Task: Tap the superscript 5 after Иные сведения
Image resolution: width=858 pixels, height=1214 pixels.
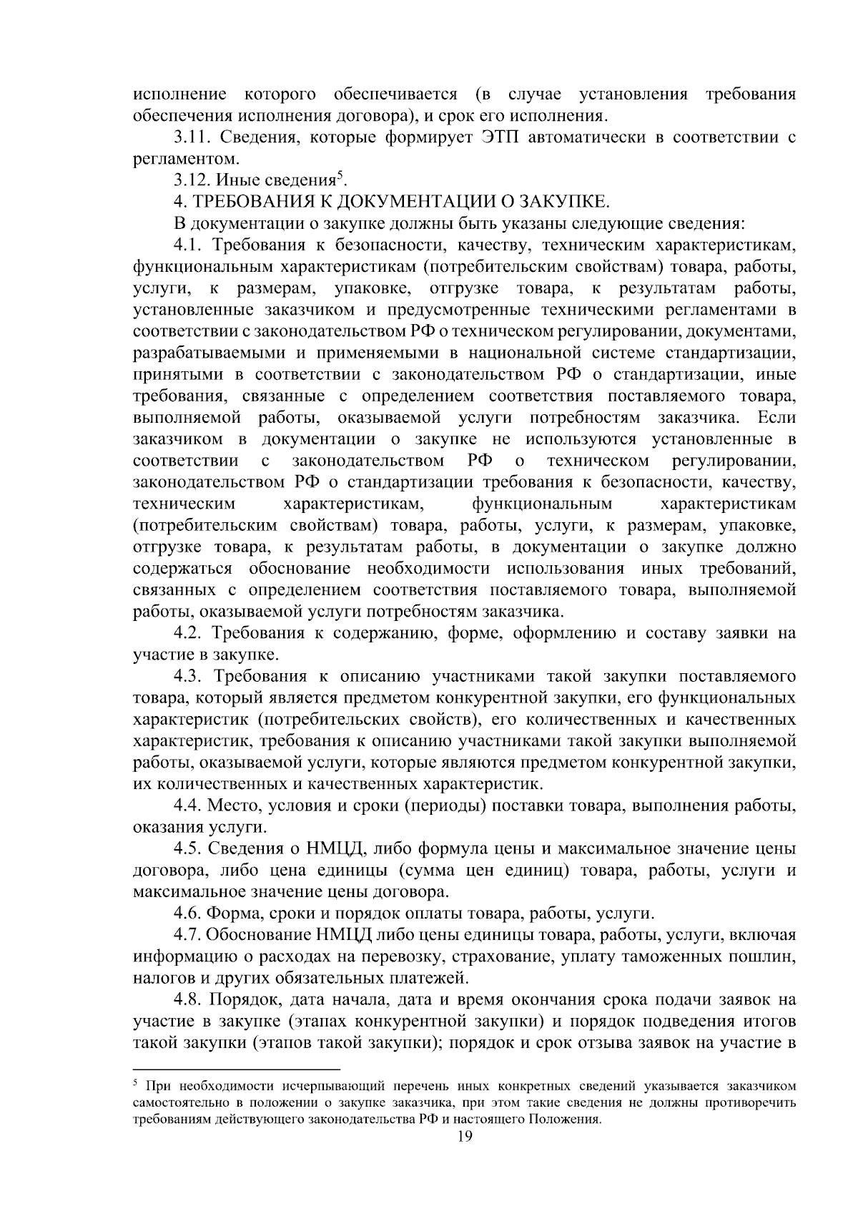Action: pos(340,176)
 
